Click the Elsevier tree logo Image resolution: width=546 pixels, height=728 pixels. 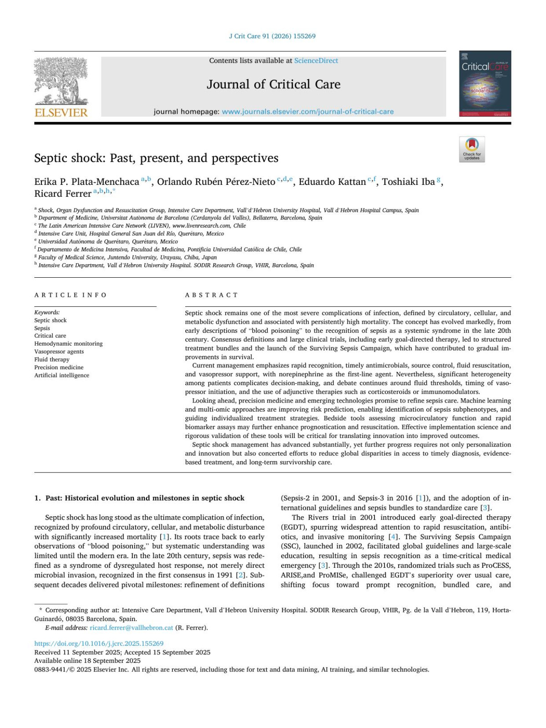[x=61, y=81]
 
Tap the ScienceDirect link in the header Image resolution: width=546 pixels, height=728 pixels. [x=316, y=61]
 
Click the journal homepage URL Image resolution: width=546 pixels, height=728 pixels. [x=308, y=112]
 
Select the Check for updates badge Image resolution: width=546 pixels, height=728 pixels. [x=472, y=149]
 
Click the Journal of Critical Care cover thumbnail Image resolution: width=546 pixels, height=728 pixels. [x=485, y=84]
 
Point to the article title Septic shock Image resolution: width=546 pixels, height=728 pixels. [x=156, y=158]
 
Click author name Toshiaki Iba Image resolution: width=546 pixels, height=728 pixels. [x=408, y=182]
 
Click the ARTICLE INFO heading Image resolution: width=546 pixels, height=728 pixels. [x=71, y=295]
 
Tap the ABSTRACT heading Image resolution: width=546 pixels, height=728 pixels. [x=212, y=295]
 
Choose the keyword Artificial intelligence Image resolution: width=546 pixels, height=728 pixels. [x=62, y=375]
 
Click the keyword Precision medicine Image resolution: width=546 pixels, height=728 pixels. [x=59, y=367]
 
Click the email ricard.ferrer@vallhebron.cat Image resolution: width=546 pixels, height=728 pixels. [x=131, y=627]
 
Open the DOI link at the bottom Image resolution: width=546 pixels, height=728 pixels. [x=99, y=643]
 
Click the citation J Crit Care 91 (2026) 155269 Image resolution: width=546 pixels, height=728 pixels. [x=272, y=36]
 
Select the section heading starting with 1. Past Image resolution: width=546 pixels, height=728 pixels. [x=139, y=498]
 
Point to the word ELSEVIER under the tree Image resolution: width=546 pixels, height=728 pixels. [x=61, y=112]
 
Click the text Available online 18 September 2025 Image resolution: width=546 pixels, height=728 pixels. [x=87, y=661]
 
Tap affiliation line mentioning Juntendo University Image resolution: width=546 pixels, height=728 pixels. [x=127, y=257]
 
